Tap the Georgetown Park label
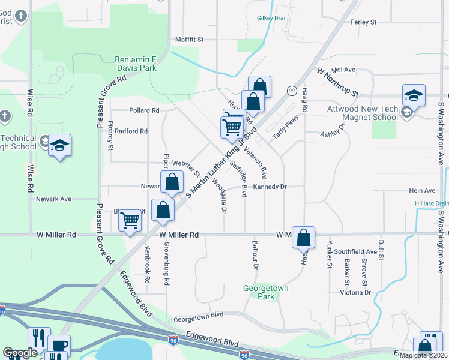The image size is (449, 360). pos(267,292)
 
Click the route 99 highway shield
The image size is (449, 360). pos(291,90)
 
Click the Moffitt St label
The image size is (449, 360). pos(190,40)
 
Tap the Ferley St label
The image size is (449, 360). pos(363,22)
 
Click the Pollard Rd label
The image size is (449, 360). pos(144,110)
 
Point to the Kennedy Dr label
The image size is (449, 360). pos(270,187)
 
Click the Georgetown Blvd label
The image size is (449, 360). pos(198,314)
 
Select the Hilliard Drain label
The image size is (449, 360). pos(431,204)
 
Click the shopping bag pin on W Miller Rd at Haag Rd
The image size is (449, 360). pos(304,236)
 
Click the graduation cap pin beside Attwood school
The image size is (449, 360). pos(414,95)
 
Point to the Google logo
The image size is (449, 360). pos(20,353)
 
